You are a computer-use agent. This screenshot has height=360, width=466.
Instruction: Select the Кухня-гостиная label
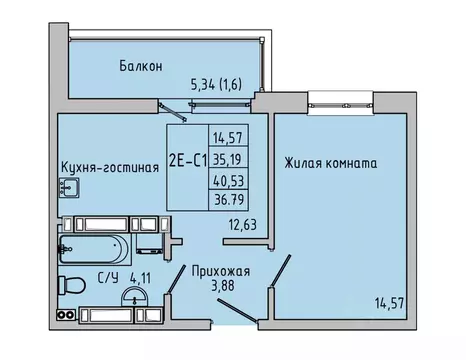[110, 168]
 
